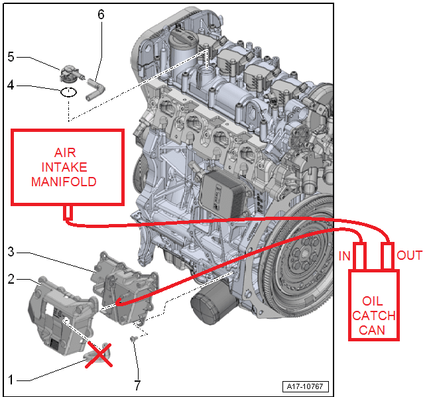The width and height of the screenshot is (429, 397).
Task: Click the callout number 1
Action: tap(11, 380)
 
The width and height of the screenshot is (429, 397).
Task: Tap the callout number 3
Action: tap(11, 253)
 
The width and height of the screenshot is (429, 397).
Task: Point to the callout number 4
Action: tap(11, 85)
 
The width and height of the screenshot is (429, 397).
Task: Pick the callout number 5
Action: tap(11, 57)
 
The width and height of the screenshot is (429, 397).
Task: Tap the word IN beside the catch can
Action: tap(345, 256)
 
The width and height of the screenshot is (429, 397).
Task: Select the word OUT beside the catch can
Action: tap(409, 255)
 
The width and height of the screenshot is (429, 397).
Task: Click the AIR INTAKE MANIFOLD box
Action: tap(68, 166)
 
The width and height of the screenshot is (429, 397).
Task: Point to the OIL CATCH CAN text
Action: tap(375, 314)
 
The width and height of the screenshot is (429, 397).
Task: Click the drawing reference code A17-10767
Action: tap(306, 386)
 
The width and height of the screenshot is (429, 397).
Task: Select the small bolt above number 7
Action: tap(133, 339)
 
